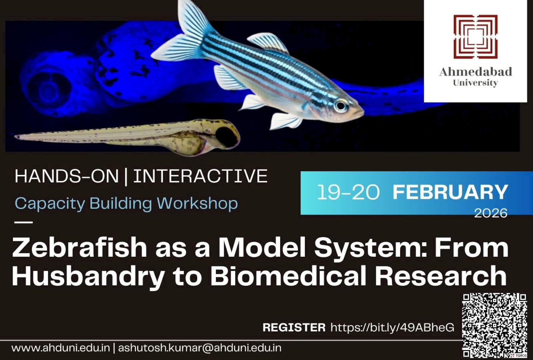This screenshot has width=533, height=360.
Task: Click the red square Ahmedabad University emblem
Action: coord(475,37)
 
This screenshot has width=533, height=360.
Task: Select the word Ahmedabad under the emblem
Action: coord(475,72)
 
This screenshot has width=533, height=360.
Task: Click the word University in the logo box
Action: coord(475,83)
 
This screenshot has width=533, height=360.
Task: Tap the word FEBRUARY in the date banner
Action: coord(450,192)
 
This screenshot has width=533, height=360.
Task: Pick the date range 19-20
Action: coord(348,192)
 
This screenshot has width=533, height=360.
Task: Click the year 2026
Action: coord(490,213)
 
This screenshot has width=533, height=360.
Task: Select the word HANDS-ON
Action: coord(67,176)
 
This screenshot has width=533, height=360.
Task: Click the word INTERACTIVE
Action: coord(200,176)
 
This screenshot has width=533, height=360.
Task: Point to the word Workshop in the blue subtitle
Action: coord(198,203)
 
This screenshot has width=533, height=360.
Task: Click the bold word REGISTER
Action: coord(294,327)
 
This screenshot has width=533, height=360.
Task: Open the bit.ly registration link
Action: coord(392,327)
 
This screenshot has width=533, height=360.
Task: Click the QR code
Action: coord(495,325)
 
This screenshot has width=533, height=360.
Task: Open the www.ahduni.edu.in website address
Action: coord(61,348)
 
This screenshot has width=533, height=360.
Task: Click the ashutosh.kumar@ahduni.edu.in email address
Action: coord(199,348)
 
